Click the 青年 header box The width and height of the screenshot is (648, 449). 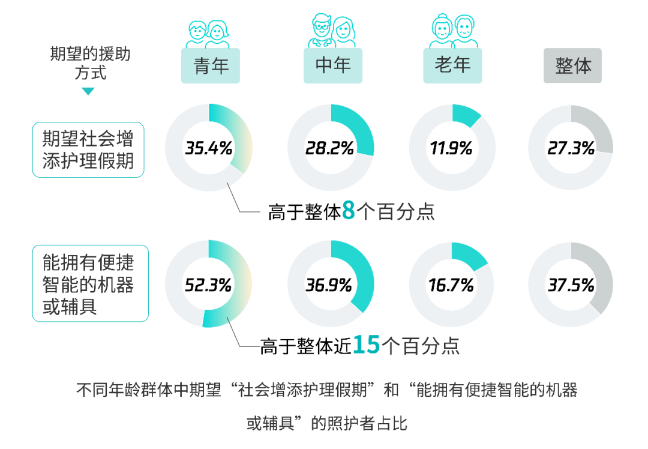pos(211,65)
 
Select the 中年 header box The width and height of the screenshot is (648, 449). pos(332,65)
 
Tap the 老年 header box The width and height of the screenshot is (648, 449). pos(453,65)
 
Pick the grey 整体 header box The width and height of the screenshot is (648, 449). pos(573,66)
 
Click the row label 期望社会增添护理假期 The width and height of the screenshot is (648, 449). pos(88,150)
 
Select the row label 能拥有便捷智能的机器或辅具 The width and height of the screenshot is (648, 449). pos(90,284)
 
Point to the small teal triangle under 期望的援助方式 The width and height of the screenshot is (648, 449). pos(88,92)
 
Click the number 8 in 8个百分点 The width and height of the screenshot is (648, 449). pos(348,211)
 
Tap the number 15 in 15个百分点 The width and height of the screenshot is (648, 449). pos(366,345)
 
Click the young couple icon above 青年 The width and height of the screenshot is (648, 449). pos(208,34)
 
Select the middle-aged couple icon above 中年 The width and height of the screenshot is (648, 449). pos(332,31)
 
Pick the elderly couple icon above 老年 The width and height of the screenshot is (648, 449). pos(453,31)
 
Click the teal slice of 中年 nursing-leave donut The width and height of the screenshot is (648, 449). pos(357,126)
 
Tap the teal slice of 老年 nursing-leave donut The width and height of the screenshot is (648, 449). pos(464,114)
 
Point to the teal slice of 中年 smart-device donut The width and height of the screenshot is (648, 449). pos(360,270)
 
